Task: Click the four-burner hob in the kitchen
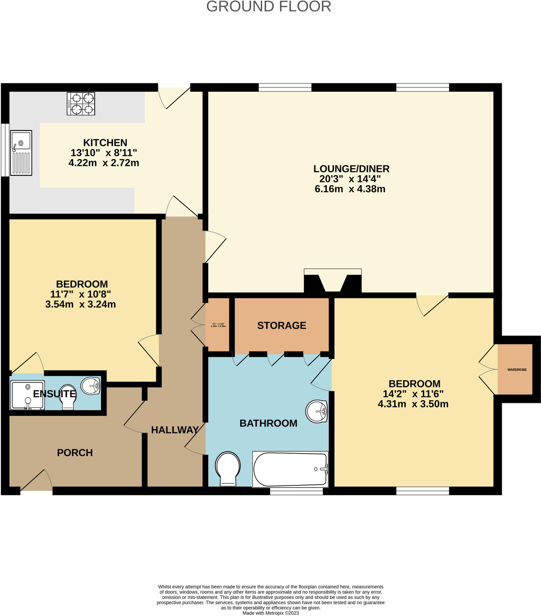[x=81, y=104]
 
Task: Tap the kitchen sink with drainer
[x=21, y=153]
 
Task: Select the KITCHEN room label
[x=105, y=143]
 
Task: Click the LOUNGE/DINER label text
[x=351, y=169]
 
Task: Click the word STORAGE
[x=281, y=325]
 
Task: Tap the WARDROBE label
[x=517, y=370]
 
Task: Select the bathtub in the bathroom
[x=290, y=469]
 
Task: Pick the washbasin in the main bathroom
[x=316, y=411]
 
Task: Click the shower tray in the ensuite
[x=27, y=395]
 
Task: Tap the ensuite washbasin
[x=90, y=386]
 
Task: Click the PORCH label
[x=75, y=453]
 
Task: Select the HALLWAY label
[x=175, y=430]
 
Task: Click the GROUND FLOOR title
[x=269, y=7]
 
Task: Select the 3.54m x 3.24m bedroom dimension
[x=81, y=304]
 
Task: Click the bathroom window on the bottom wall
[x=296, y=491]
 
